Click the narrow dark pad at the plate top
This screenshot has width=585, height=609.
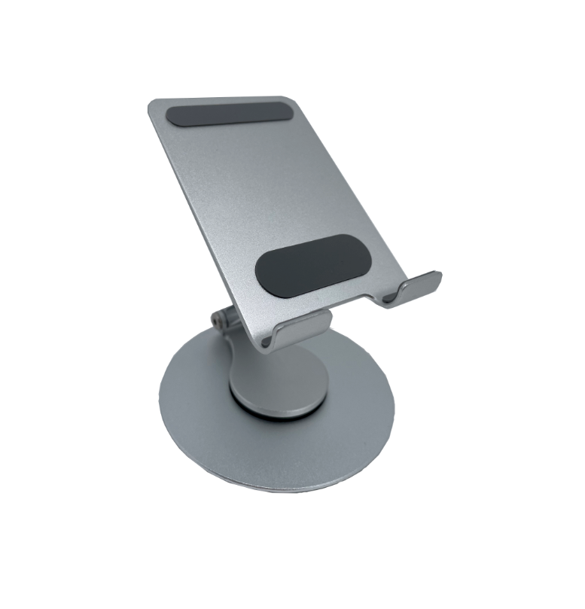[229, 114]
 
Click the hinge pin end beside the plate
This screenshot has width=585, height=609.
[218, 319]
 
